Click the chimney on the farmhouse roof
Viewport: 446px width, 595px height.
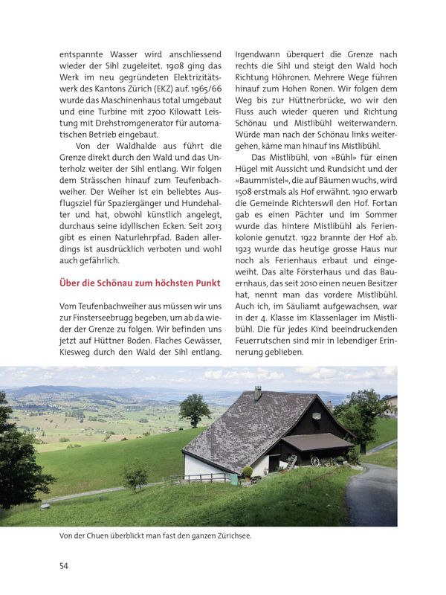[258, 392]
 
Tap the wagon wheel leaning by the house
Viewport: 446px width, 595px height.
[314, 462]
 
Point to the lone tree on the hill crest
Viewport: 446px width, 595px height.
[194, 410]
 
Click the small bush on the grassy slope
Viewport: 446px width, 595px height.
[135, 473]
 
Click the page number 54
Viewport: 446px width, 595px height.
[64, 565]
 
